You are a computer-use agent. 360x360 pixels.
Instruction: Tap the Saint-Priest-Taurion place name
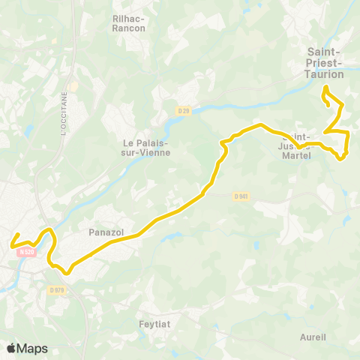pos(325,63)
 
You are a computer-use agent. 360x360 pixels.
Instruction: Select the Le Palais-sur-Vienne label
pos(147,147)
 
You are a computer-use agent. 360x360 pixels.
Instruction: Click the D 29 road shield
pos(184,111)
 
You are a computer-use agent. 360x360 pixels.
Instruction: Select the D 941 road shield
pos(240,196)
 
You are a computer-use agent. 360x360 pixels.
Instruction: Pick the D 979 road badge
pos(57,289)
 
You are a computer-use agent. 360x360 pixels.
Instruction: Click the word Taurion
pos(325,74)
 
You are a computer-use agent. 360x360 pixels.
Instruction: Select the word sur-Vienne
pos(147,152)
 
